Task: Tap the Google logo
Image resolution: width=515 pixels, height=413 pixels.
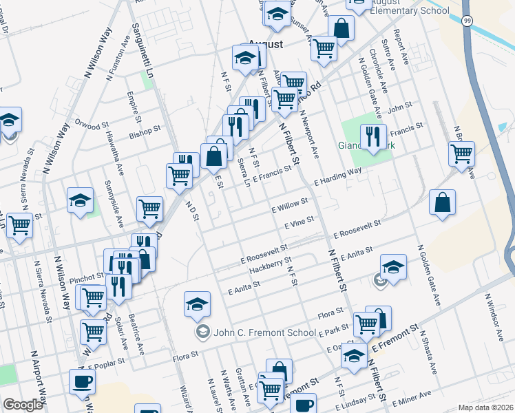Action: click(x=23, y=405)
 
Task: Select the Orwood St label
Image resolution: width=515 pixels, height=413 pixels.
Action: click(x=92, y=127)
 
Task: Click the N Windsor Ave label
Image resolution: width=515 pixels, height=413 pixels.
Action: click(x=496, y=316)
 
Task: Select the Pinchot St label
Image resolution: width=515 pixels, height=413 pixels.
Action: click(x=87, y=277)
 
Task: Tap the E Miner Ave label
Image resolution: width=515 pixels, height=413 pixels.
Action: click(x=412, y=397)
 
